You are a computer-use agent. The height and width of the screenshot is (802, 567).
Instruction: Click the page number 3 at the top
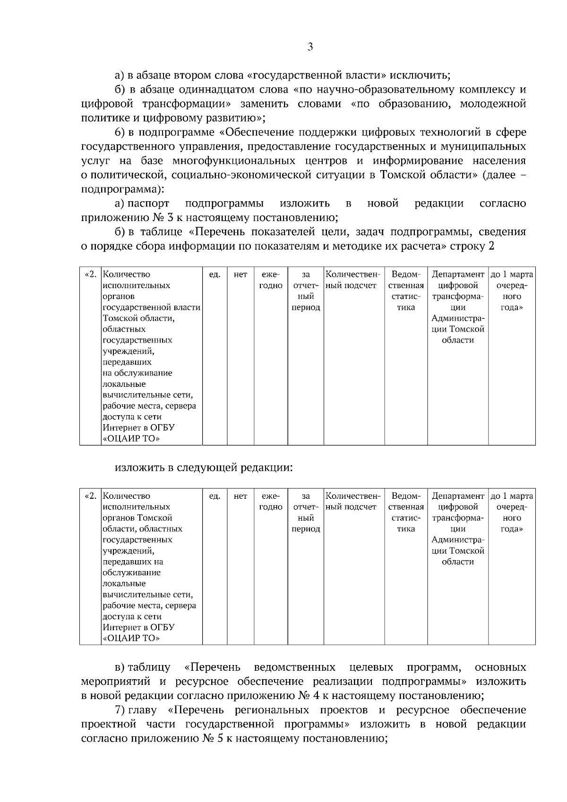coord(310,47)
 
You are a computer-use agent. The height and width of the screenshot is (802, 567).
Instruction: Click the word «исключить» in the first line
coord(423,76)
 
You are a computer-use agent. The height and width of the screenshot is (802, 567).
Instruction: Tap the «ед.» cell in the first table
coord(215,274)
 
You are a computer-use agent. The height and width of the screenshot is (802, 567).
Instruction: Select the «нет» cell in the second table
coord(241,496)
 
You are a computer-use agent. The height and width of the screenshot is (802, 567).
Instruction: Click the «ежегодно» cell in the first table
coord(271,280)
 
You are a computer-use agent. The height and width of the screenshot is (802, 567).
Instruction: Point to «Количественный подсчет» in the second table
coord(353,502)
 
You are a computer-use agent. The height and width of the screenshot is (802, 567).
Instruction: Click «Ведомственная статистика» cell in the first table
coord(406,291)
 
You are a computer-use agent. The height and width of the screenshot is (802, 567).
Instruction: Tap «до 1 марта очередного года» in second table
coord(512,512)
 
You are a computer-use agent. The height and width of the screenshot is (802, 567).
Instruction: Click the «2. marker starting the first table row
coord(90,274)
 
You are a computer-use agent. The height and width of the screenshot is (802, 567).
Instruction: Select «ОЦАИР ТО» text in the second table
coord(131,639)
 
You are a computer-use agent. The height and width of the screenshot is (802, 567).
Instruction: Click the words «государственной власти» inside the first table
coord(151,307)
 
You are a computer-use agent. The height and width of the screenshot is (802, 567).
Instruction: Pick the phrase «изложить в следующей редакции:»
coord(204,468)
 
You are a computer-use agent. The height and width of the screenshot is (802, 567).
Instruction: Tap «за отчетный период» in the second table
coord(306,512)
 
